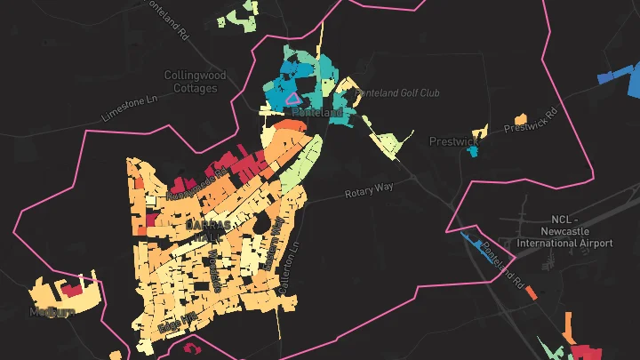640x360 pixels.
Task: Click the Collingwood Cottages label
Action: [x=196, y=82]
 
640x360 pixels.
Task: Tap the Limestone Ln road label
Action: [x=130, y=108]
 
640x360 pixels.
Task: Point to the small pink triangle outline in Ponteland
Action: [x=292, y=99]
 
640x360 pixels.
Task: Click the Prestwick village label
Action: [x=453, y=141]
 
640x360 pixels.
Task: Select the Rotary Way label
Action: [x=368, y=189]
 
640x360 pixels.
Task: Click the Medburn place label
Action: [x=51, y=312]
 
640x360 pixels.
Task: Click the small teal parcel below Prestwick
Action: [x=472, y=151]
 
